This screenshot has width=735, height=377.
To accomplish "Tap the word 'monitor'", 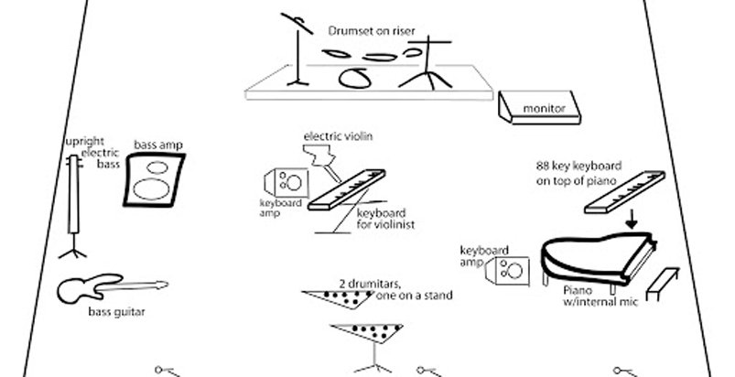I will click(544, 111).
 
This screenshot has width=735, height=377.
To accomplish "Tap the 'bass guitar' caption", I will click(116, 312).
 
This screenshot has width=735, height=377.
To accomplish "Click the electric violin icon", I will click(326, 163).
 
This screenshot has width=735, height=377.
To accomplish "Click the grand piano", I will click(595, 254).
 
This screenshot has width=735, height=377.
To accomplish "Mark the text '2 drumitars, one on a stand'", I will click(395, 289).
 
